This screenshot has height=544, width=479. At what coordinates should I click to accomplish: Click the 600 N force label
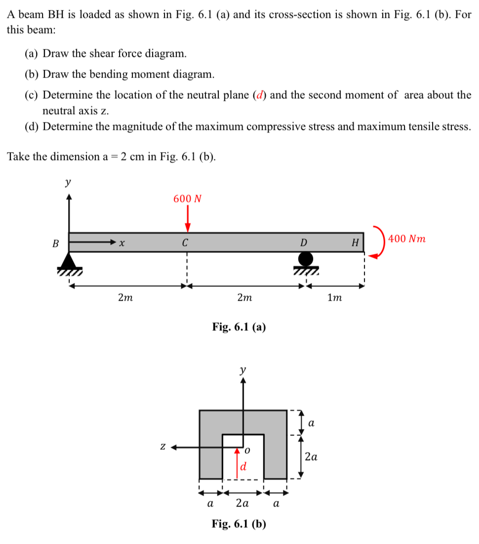tap(188, 199)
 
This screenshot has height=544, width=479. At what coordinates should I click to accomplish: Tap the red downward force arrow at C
tap(188, 219)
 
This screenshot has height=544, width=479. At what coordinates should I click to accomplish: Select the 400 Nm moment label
tap(407, 239)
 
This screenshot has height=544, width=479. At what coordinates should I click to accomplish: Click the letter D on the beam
tap(304, 242)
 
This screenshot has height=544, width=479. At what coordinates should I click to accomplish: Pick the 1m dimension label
tap(335, 298)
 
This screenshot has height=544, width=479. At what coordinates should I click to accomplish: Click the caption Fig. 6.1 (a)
tap(239, 326)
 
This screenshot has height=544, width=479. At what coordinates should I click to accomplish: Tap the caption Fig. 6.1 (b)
tap(239, 523)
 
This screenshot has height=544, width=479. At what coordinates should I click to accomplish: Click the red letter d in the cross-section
tap(243, 466)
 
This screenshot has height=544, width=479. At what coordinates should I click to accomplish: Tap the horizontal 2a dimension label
tap(242, 504)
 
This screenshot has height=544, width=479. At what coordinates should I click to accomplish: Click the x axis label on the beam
tap(122, 242)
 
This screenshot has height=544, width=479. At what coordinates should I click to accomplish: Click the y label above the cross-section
tap(242, 369)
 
